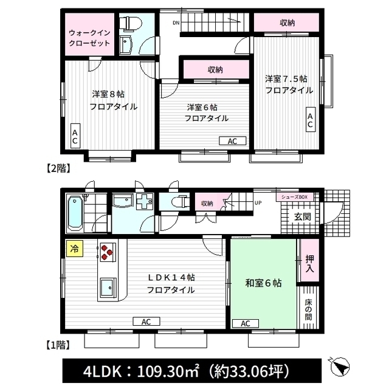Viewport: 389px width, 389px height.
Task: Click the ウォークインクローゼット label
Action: tap(89, 38)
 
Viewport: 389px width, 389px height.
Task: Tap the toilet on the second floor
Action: tap(129, 24)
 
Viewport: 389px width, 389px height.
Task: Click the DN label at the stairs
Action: tap(176, 24)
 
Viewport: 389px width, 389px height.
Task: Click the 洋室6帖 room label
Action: tap(206, 112)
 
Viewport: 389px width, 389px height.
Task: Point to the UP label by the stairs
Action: tap(258, 202)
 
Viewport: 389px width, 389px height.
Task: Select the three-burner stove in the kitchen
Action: tap(108, 250)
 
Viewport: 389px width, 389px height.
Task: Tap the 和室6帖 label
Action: tap(263, 283)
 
